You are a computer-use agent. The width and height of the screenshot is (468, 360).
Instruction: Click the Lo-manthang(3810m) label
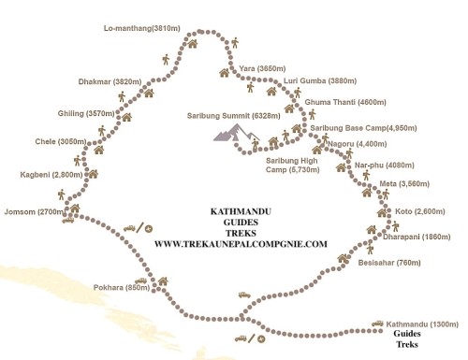click(142, 28)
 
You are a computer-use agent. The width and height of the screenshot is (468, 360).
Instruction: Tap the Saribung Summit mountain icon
click(236, 133)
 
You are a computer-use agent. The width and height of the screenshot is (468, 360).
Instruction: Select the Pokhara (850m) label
click(122, 287)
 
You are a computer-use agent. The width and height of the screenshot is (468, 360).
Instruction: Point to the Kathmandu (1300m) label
click(422, 324)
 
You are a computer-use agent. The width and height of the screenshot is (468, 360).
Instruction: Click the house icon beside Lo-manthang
click(193, 43)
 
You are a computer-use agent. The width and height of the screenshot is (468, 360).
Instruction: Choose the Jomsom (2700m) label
click(34, 212)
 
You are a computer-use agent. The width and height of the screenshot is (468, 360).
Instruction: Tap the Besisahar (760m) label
click(389, 263)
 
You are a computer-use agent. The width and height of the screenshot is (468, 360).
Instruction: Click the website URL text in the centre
click(241, 244)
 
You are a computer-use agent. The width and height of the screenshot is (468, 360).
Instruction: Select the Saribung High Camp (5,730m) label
click(293, 166)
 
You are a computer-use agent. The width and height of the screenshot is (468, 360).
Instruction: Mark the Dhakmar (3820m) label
click(110, 82)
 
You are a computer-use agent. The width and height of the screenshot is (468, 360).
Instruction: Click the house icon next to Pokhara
click(163, 281)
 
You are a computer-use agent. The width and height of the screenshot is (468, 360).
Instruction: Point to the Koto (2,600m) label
click(420, 211)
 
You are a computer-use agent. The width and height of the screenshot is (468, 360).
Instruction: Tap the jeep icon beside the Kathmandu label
click(377, 324)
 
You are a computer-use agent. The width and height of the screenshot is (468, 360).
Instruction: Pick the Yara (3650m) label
click(262, 68)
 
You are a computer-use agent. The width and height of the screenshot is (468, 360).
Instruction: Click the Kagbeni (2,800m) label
click(51, 175)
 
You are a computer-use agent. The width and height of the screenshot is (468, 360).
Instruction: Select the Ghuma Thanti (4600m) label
click(345, 102)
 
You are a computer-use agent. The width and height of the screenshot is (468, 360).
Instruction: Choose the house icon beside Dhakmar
click(149, 93)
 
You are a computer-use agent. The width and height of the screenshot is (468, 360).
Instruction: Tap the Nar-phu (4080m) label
click(385, 166)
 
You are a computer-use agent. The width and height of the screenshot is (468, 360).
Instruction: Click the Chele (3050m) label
click(61, 141)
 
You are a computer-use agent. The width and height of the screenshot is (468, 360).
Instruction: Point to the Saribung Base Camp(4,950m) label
click(363, 128)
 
